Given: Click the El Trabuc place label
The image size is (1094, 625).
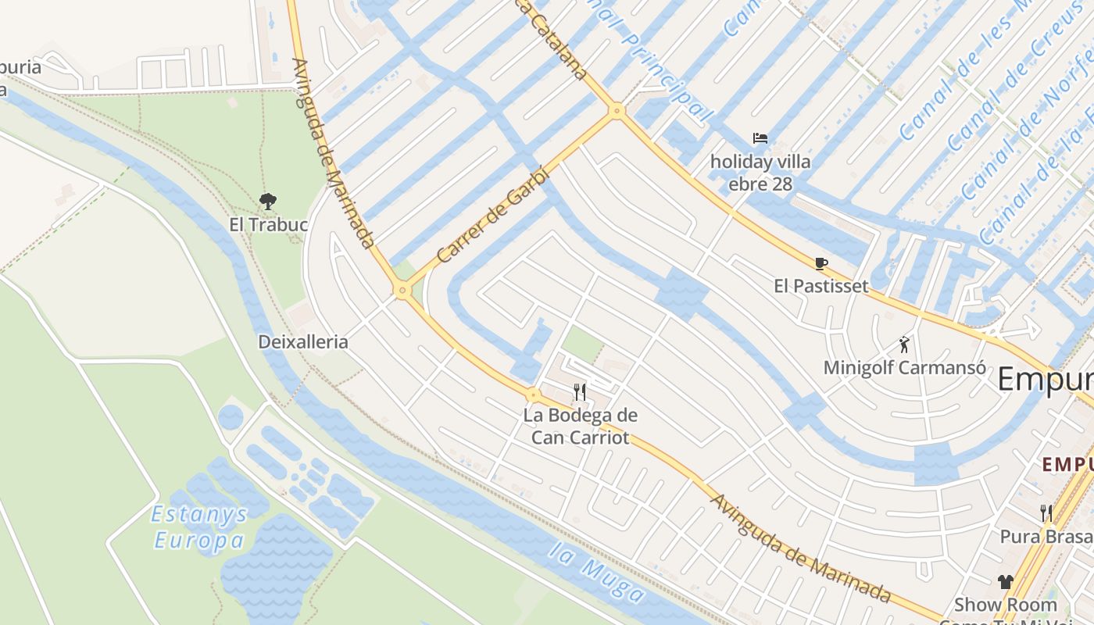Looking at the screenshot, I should coord(268,225).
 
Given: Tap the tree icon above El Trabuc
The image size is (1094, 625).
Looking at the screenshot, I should coord(268,202).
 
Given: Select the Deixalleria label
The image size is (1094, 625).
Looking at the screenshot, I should coord(303,342).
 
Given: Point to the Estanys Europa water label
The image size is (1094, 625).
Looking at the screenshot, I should coord(199,527).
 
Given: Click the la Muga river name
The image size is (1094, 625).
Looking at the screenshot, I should coord(596,574).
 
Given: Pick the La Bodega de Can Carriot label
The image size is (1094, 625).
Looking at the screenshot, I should coord(580,427).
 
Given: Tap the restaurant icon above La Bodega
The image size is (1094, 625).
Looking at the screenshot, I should coord(580,391).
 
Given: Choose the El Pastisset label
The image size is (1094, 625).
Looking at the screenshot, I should coord(820,286).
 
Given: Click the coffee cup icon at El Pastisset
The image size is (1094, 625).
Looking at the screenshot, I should coord(820,263).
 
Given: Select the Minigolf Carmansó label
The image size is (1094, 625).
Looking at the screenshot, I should coord(904,367).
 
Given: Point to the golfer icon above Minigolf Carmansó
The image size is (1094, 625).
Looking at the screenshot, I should coord(904,344).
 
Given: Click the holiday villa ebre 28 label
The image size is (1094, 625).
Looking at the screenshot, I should coord(760,173).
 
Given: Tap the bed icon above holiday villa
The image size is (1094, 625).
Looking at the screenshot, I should coord(760,138).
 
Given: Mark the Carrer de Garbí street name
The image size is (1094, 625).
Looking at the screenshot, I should coord(494,215).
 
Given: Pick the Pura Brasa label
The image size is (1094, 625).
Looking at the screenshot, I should coord(1046,537).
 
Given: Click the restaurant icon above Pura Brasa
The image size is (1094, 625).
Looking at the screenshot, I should coord(1046,513).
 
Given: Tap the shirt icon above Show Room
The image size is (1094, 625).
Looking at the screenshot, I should coord(1005,581).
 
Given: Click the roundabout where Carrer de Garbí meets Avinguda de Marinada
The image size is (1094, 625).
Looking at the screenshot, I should coord(402,291).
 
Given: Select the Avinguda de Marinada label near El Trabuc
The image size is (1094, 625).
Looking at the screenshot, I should coord(334,153).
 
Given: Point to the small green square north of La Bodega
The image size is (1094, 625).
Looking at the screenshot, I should coord(583,344).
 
